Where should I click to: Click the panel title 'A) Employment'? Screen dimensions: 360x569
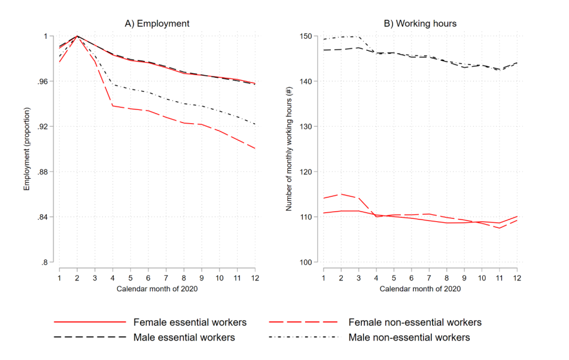pos(157,24)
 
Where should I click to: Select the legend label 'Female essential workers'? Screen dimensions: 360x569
pos(190,322)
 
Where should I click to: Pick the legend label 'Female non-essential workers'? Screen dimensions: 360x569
pos(415,322)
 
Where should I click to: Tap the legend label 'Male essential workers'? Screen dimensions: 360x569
pos(184,337)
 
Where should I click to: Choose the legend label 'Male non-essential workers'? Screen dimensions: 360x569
pos(409,337)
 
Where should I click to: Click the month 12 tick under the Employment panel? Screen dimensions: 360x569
pos(254,279)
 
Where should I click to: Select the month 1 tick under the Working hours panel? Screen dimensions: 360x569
pos(323,279)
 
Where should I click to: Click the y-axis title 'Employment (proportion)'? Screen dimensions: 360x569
pos(27,149)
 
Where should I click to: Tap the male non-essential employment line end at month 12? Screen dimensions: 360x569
pos(254,124)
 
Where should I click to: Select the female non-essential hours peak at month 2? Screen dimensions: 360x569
pos(340,194)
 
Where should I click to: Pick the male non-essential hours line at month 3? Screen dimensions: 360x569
pos(358,37)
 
